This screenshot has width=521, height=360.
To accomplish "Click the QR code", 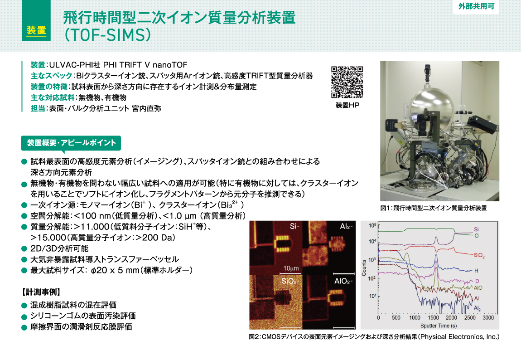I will coord(347,82).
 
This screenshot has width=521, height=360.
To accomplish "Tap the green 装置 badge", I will coord(36,30).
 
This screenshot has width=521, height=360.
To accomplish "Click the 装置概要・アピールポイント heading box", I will coord(71,143).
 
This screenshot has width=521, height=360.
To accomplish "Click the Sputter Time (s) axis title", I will coord(432,326).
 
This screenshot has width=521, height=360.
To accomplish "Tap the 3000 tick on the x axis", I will coord(487,319).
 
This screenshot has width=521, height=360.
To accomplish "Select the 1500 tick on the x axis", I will coord(433,319).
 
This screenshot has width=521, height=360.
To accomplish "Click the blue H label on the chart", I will coord(476,271).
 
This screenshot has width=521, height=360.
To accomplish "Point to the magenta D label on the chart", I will coord(476,281).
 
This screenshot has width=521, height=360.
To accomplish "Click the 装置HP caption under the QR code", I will coord(347,105).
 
